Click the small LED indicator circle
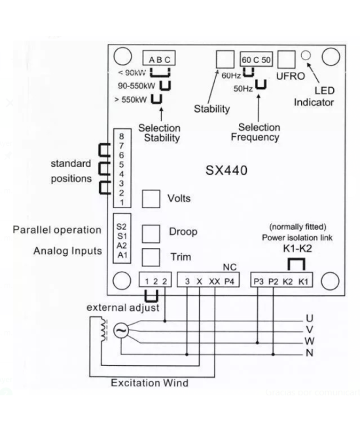[x=306, y=56]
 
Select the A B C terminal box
[x=159, y=60]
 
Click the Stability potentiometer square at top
[x=225, y=60]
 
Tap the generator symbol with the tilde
[x=122, y=333]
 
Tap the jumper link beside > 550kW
[x=156, y=99]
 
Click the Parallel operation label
[x=58, y=230]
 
